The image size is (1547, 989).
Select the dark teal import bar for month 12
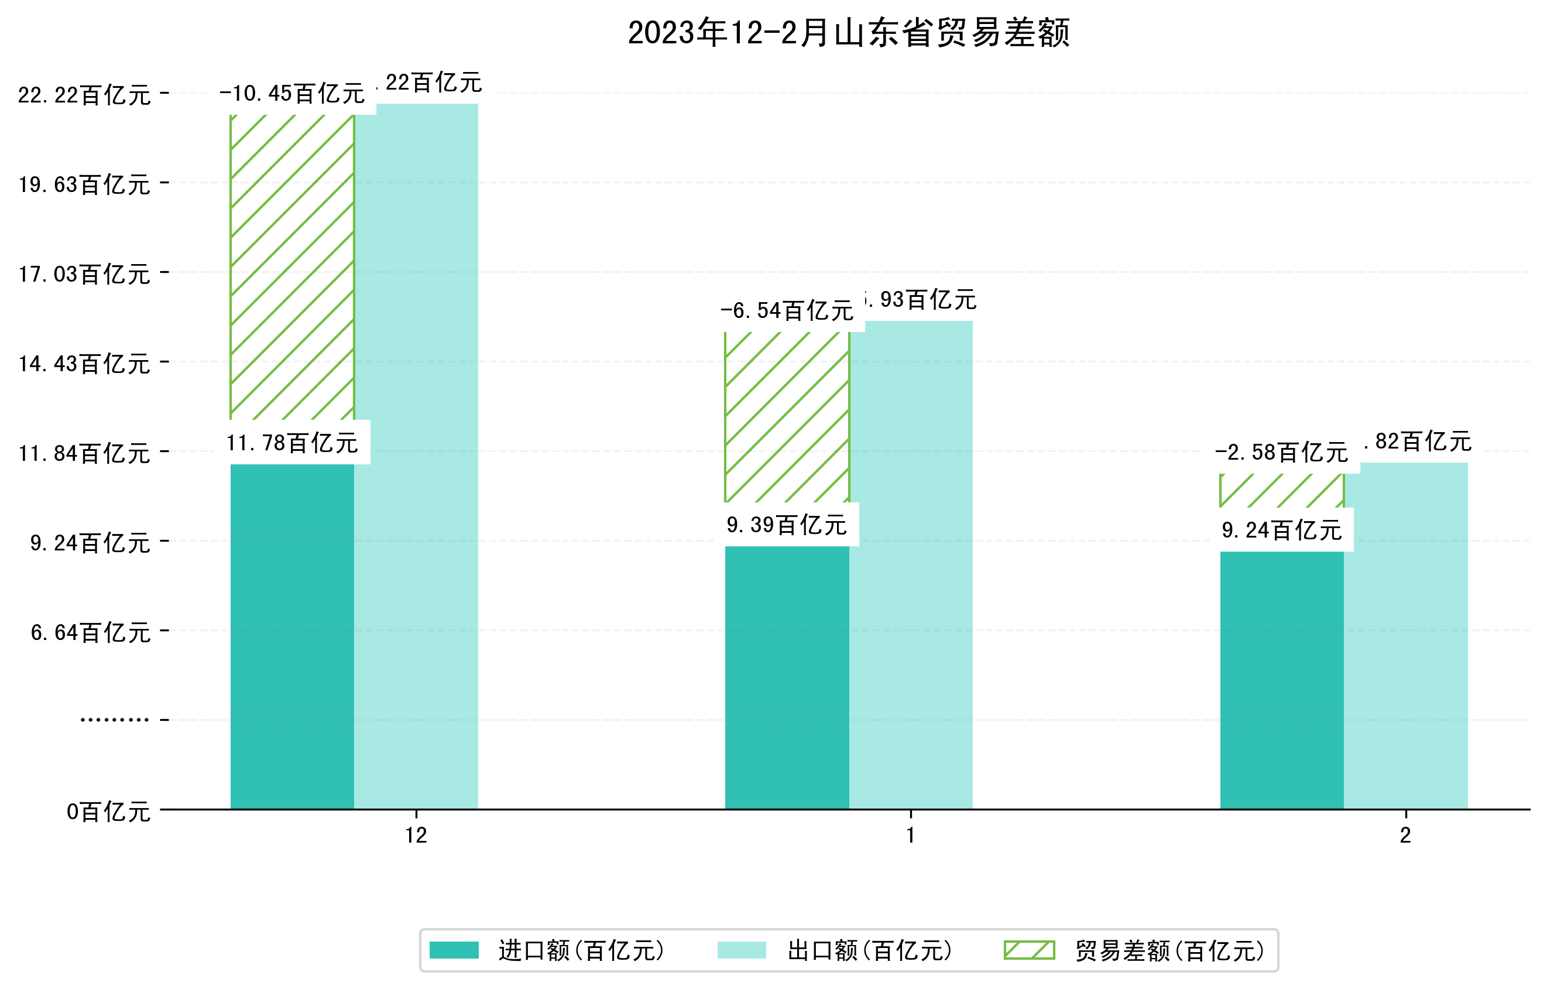tap(292, 636)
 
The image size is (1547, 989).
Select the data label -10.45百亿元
tap(292, 94)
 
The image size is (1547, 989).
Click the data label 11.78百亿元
tap(292, 443)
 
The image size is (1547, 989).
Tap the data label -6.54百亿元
tap(787, 311)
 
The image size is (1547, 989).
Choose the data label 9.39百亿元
tap(787, 525)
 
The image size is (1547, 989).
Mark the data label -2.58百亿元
tap(1282, 453)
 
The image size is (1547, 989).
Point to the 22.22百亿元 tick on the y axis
tap(84, 95)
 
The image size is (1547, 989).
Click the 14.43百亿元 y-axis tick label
tap(84, 364)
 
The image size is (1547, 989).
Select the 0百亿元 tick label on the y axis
tap(108, 812)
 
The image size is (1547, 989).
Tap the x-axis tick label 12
tap(416, 836)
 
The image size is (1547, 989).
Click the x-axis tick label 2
tap(1406, 836)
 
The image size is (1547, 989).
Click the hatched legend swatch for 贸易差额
tap(1029, 950)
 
